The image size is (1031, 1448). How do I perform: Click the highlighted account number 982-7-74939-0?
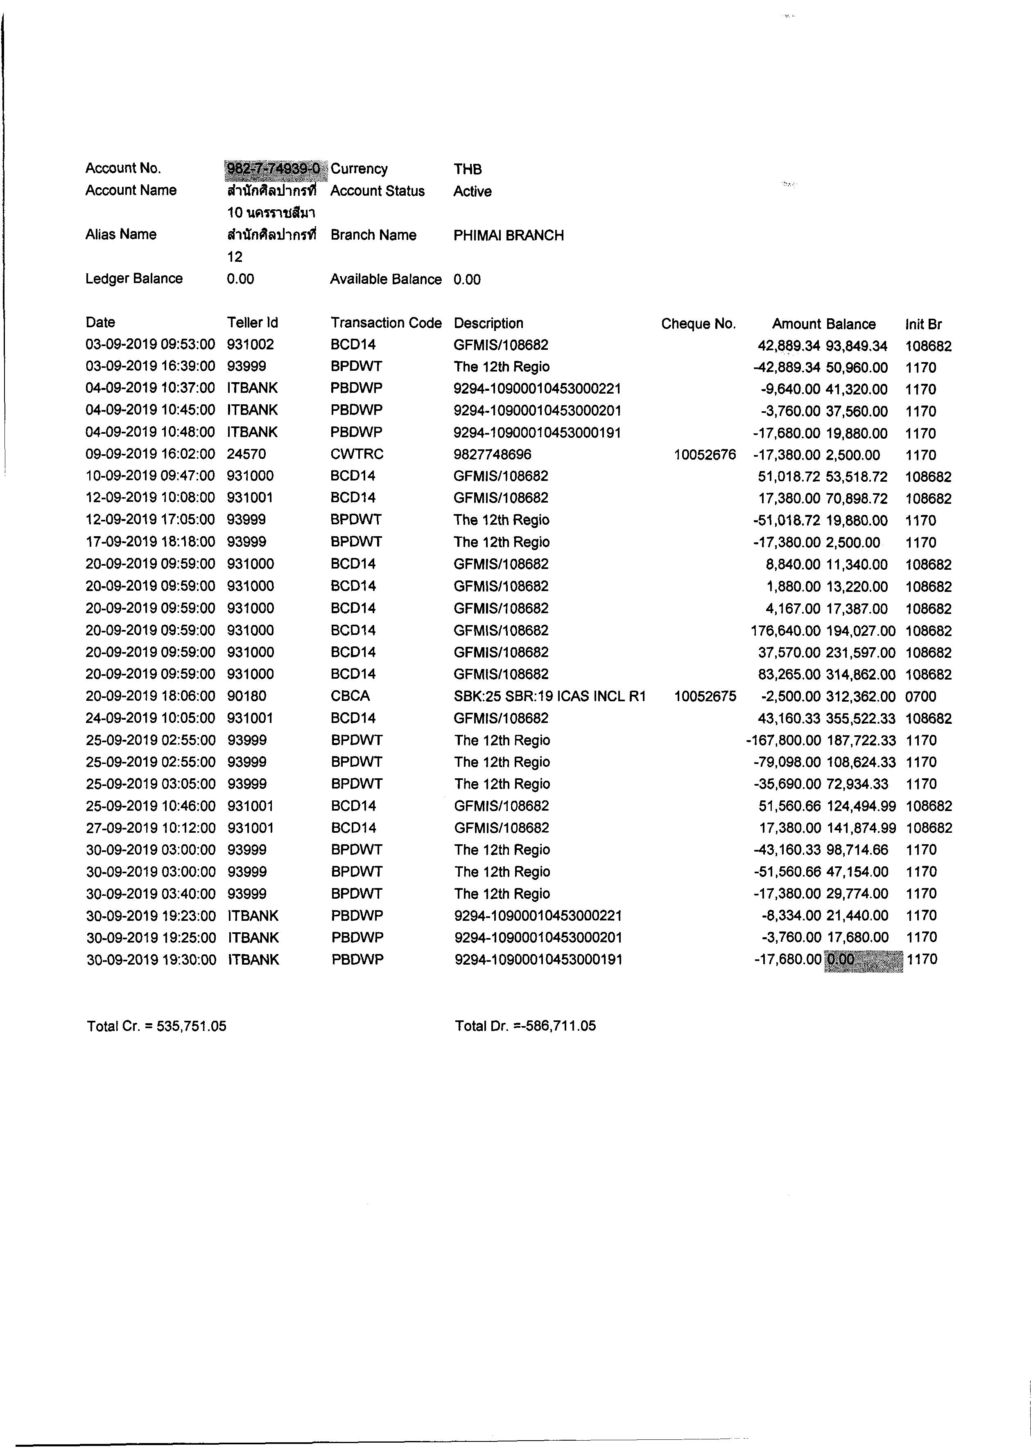coord(274,168)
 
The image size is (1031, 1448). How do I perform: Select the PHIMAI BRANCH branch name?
coord(509,236)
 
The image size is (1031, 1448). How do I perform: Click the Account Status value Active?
coord(473,191)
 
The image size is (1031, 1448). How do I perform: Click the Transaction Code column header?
coord(386,323)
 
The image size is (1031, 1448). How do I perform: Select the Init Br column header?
coord(924,324)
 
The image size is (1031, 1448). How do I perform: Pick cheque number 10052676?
coord(705,455)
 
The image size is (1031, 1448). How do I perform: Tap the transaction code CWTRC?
coord(357,454)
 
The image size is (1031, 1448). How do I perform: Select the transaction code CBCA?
coord(350,696)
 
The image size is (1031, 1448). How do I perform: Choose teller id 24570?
coord(246,454)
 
